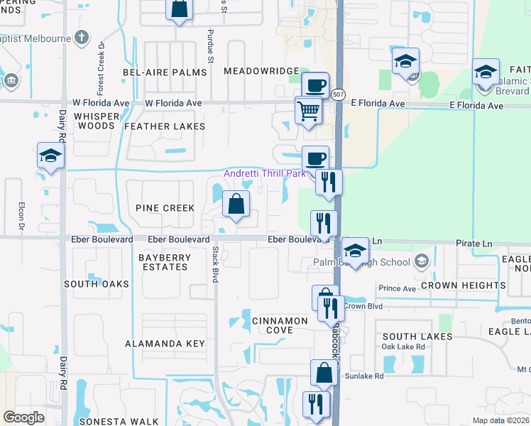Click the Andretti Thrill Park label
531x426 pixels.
[x=264, y=174]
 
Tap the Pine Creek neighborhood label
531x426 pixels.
[x=165, y=208]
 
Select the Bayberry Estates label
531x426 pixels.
[x=164, y=262]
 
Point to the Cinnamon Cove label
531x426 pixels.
[x=280, y=325]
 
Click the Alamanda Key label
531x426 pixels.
[x=165, y=344]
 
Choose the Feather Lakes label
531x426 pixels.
[x=165, y=126]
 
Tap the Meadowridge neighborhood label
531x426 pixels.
[x=261, y=71]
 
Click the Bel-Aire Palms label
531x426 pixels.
[x=157, y=72]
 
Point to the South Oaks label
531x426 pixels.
[x=97, y=284]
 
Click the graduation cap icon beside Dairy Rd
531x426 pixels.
[x=51, y=156]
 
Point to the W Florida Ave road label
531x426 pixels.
[x=174, y=104]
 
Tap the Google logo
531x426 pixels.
[x=24, y=417]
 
